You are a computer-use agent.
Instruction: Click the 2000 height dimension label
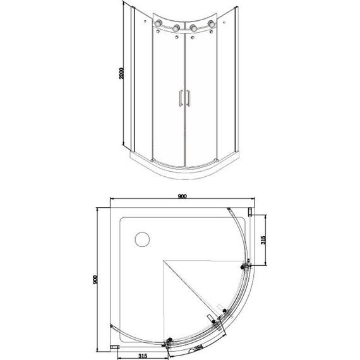(121, 73)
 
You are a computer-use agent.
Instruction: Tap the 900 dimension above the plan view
(182, 196)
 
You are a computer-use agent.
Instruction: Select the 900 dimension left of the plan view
(95, 279)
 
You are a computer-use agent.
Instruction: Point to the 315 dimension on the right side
(263, 240)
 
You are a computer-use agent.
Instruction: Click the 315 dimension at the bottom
(143, 356)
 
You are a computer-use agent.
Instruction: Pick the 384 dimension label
(198, 348)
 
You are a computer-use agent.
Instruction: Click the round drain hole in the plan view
(142, 239)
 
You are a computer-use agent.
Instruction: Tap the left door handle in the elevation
(181, 98)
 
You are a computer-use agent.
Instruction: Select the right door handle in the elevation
(188, 98)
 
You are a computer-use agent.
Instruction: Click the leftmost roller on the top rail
(158, 23)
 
